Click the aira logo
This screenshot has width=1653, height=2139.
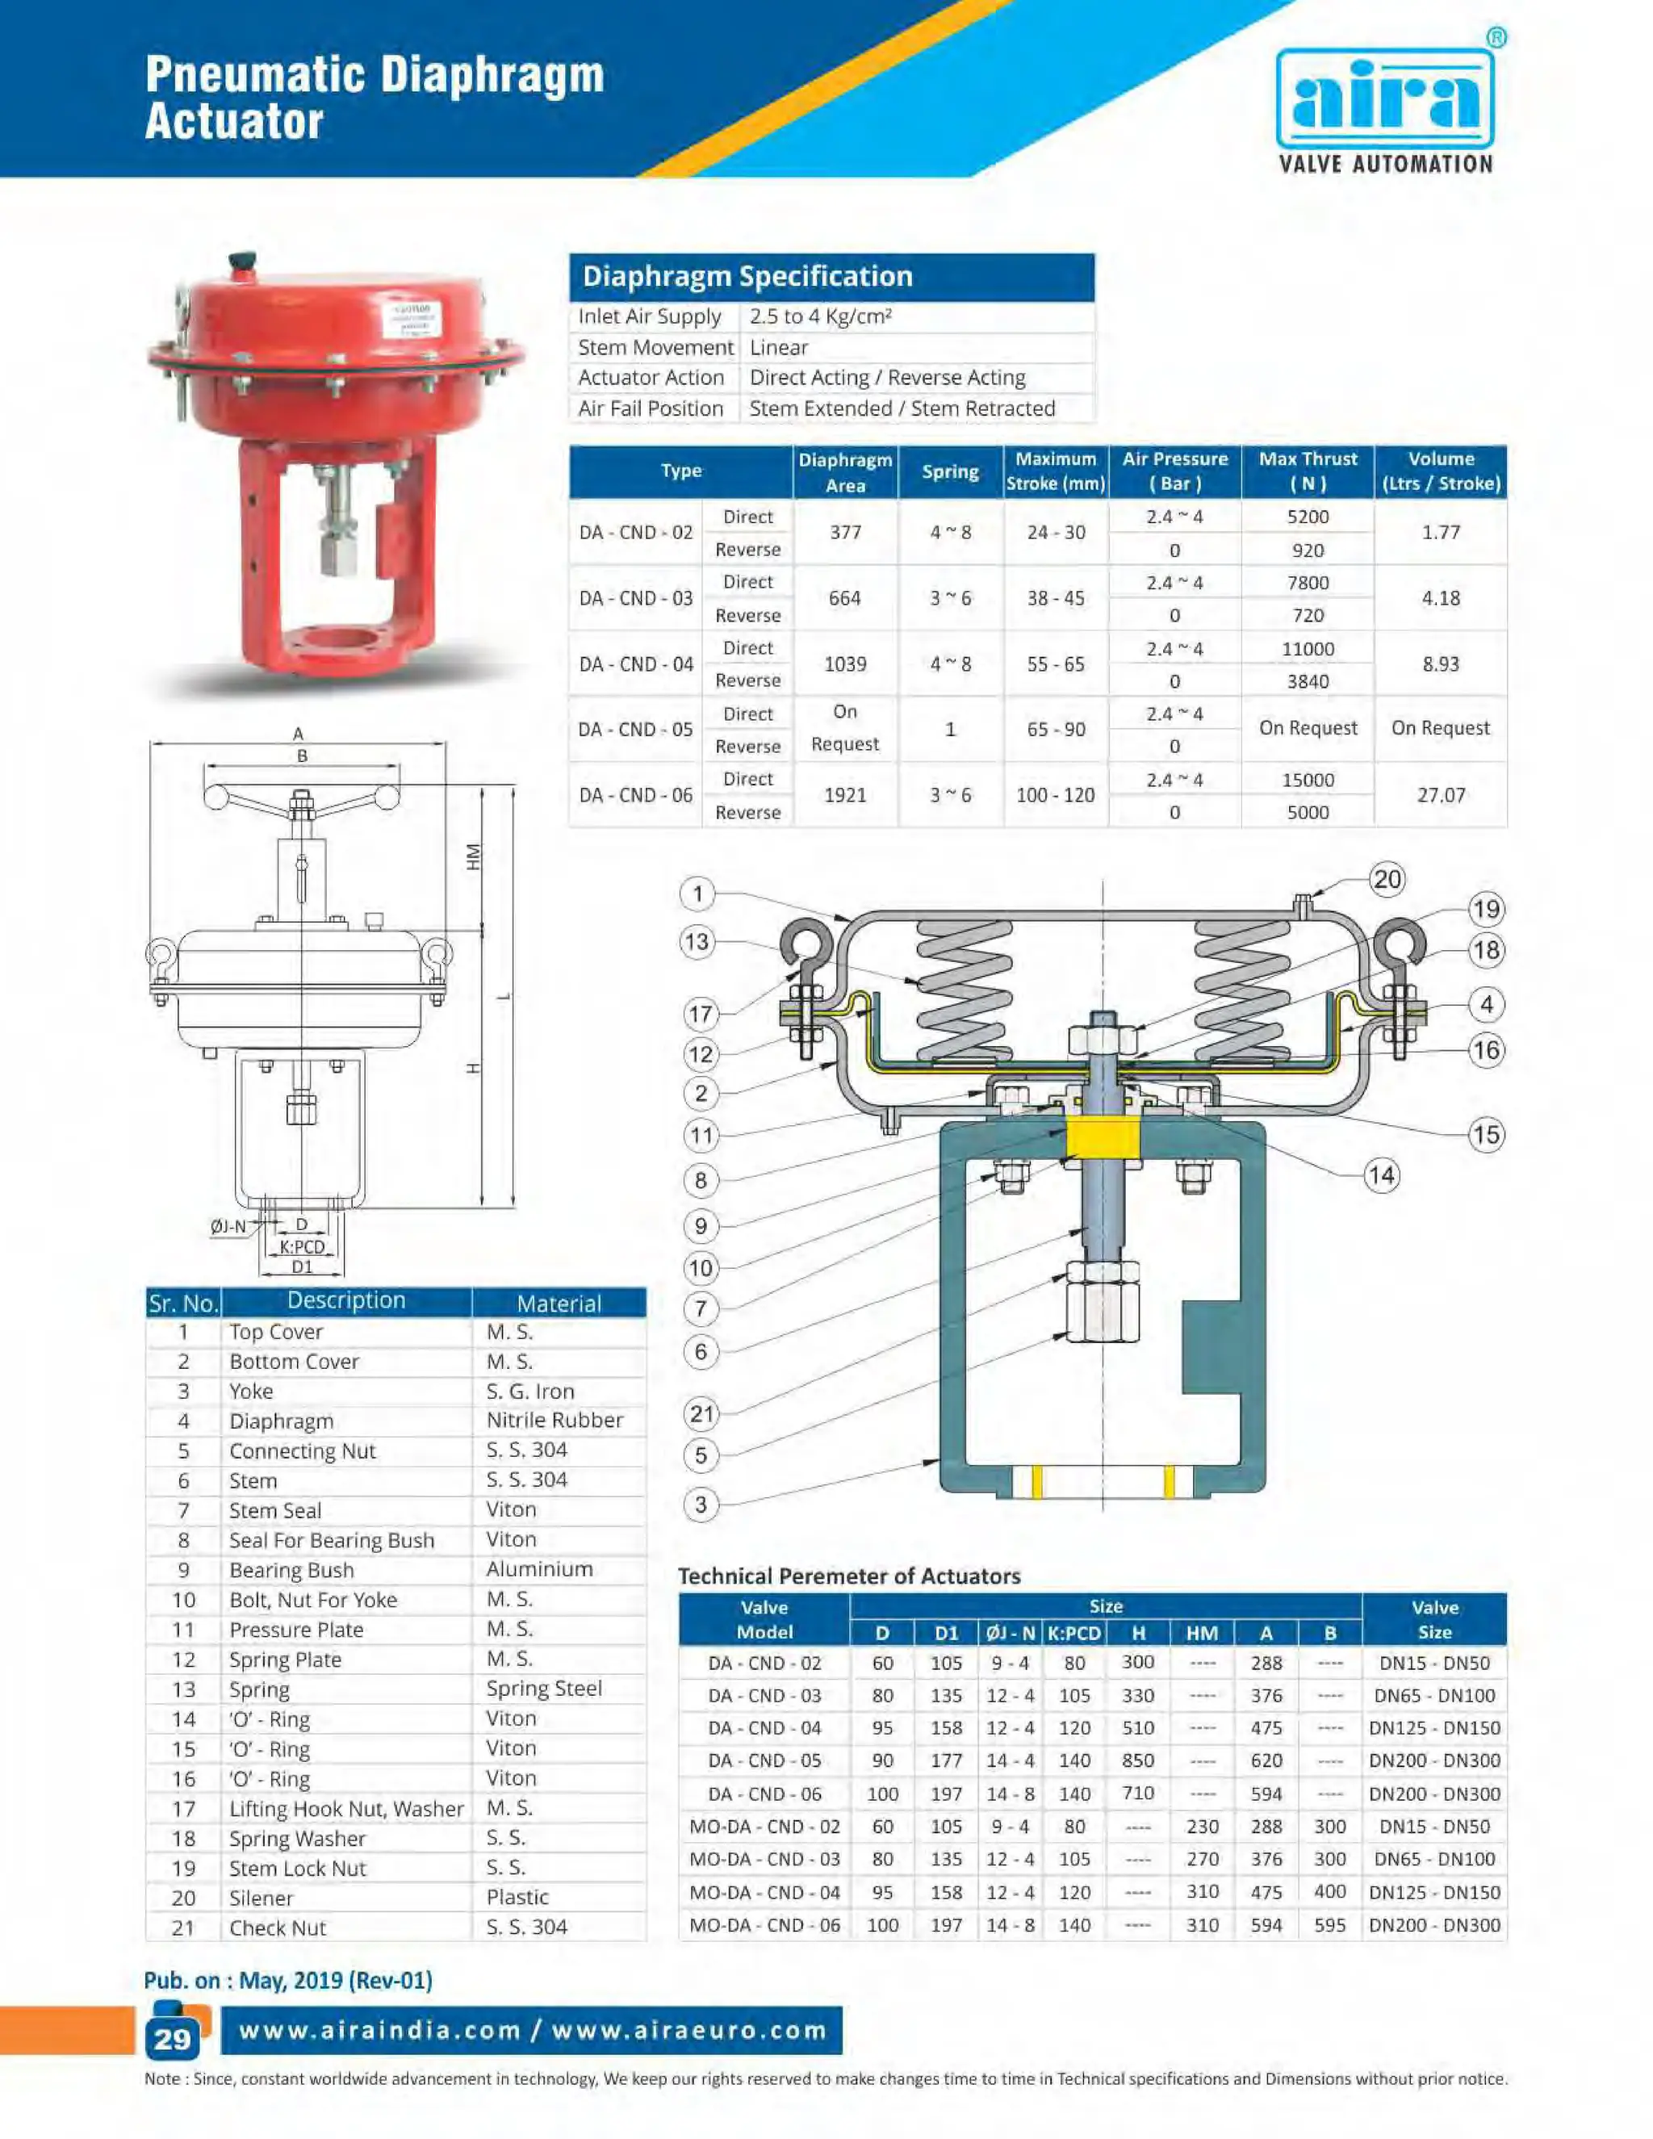coord(1385,102)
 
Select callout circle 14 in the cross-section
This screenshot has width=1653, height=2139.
coord(1381,1175)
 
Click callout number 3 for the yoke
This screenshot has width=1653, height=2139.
coord(700,1505)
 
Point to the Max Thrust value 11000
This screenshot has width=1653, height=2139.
coord(1308,648)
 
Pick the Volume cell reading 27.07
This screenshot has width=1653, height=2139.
coord(1441,794)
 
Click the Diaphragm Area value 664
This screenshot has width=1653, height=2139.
coord(844,597)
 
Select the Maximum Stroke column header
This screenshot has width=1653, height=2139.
coord(1055,471)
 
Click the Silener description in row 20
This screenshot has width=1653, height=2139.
coord(261,1898)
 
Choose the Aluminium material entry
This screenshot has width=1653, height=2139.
coord(540,1569)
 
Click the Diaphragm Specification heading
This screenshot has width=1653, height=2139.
coord(747,276)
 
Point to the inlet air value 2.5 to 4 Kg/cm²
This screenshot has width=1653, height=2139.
coord(820,316)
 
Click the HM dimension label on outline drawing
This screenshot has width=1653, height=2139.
coord(474,857)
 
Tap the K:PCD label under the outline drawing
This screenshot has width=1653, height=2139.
coord(302,1247)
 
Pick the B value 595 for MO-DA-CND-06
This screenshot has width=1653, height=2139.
coord(1329,1924)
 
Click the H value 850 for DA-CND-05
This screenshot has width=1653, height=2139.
coord(1137,1760)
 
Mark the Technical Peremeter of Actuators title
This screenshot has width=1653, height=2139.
coord(849,1576)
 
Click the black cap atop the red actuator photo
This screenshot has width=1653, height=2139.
coord(241,262)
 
